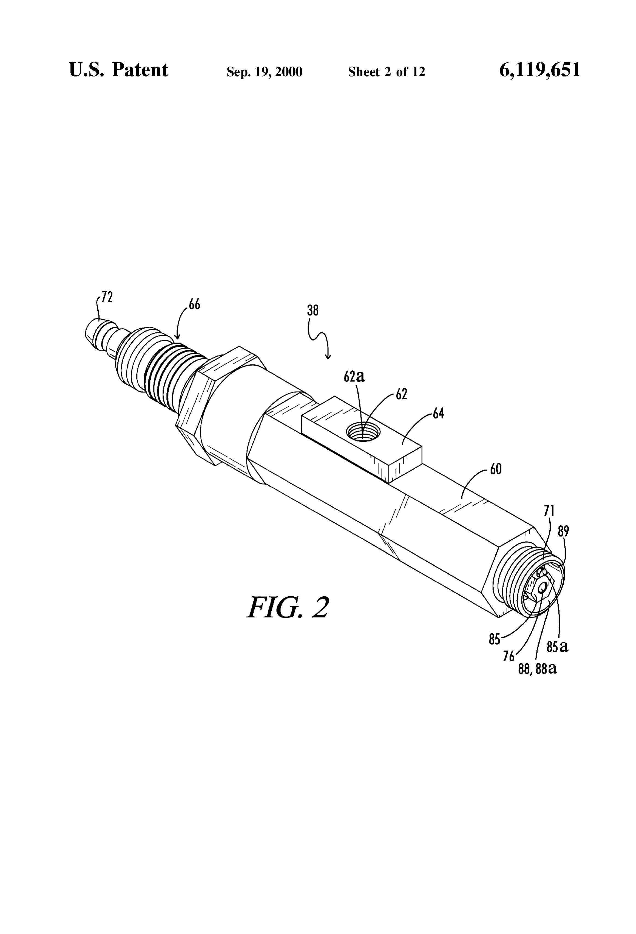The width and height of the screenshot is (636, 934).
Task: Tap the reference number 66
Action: (x=194, y=305)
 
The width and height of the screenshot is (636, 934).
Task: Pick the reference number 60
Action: (x=496, y=469)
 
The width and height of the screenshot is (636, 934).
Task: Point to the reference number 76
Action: (x=509, y=656)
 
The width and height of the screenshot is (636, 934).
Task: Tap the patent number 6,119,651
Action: (x=540, y=70)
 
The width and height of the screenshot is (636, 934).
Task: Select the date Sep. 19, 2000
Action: (x=265, y=72)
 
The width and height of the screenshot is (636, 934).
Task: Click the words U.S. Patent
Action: (x=119, y=70)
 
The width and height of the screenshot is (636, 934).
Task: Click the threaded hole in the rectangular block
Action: (x=363, y=432)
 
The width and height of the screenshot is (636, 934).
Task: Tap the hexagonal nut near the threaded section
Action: (x=221, y=406)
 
